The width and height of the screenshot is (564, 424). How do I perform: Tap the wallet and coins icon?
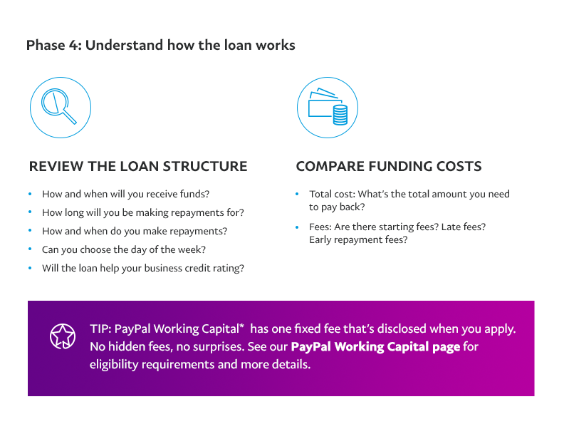coord(328,108)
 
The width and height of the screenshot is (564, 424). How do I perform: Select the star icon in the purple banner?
coord(63,336)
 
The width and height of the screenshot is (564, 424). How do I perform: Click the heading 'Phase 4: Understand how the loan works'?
coord(161,46)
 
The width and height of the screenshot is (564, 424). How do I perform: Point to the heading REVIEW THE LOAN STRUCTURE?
coord(138,166)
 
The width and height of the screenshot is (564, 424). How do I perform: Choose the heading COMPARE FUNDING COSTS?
coord(389,166)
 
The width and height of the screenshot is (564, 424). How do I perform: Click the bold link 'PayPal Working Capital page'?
coord(375,346)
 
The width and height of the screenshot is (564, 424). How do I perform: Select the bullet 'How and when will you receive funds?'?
coord(125,194)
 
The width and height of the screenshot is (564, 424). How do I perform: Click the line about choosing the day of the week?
coord(124,249)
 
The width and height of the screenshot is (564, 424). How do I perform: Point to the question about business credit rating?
coord(143,268)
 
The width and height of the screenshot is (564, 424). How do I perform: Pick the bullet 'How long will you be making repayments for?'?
coord(143,212)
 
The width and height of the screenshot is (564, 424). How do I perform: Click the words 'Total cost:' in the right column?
coord(333,194)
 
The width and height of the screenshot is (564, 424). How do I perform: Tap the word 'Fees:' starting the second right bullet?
coord(320,227)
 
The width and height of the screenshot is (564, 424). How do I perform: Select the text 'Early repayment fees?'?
coord(358,239)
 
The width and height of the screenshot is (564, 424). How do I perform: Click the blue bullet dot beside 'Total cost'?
coord(297,194)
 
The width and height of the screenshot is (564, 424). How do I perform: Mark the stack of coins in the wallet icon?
coord(340,115)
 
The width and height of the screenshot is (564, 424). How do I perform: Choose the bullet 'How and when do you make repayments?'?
coord(135,231)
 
